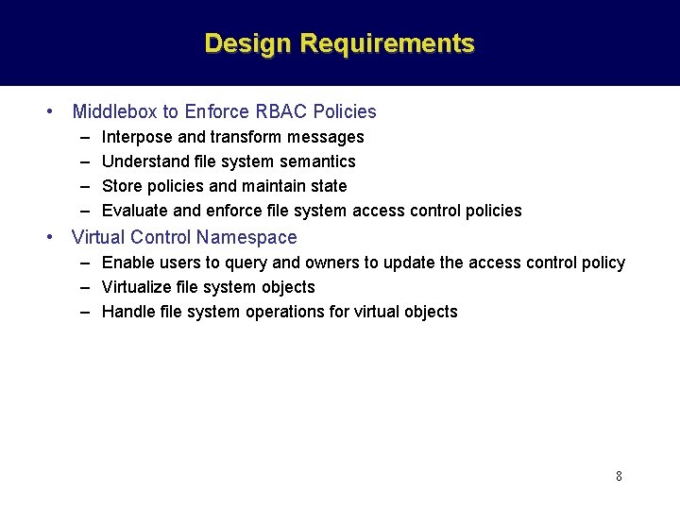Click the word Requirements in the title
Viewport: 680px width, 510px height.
(387, 43)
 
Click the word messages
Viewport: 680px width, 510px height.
(327, 137)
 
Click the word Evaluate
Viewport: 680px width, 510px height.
(135, 211)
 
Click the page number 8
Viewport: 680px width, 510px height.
(619, 476)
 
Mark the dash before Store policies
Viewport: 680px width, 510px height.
(85, 186)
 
